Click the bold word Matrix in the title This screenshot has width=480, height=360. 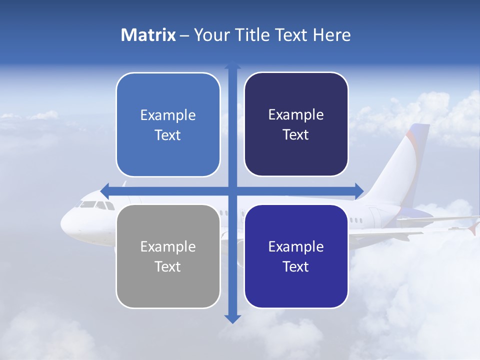[148, 35]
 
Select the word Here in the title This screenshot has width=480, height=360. [331, 35]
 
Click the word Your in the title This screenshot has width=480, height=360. [210, 35]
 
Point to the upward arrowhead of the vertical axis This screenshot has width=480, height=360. [232, 65]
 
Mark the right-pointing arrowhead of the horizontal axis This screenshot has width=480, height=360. [359, 190]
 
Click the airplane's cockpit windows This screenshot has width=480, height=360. [95, 204]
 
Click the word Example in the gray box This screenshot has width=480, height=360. [168, 246]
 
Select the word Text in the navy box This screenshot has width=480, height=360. [296, 135]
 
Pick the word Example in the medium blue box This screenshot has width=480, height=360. [168, 115]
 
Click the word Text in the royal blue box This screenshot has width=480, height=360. [296, 266]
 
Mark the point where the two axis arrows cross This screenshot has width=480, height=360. [232, 190]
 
